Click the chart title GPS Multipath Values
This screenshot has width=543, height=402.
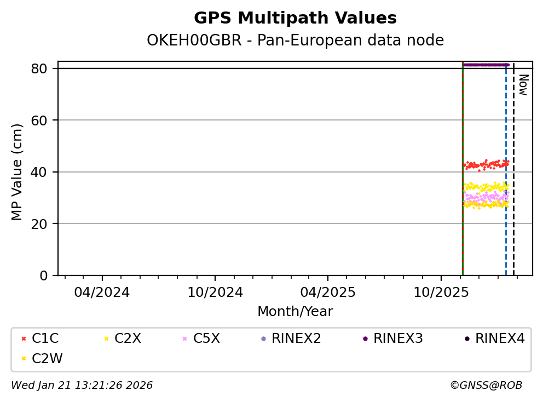tap(295, 18)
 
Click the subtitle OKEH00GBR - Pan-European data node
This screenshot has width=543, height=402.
tap(295, 41)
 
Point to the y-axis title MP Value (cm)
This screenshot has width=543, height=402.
tap(18, 172)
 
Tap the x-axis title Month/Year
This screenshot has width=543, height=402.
tap(295, 312)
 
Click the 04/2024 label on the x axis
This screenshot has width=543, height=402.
tap(102, 292)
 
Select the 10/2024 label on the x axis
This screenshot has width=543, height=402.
tap(215, 292)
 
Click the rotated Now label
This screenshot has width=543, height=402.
tap(523, 85)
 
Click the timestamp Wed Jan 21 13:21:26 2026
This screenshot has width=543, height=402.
tap(82, 386)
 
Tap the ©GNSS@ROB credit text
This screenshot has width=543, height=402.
tap(486, 386)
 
